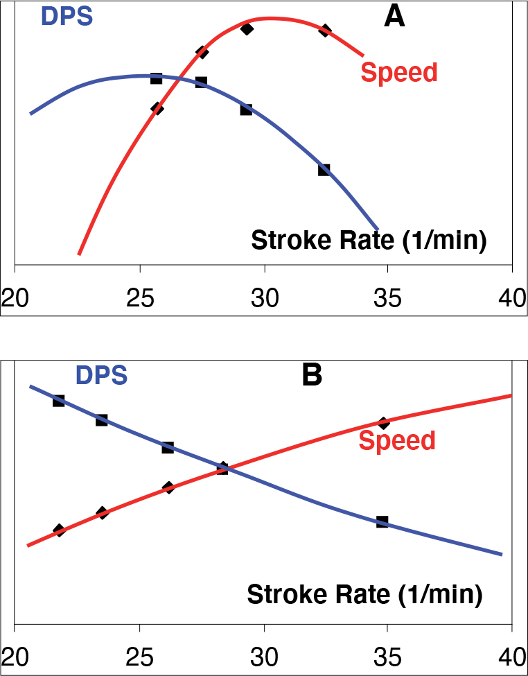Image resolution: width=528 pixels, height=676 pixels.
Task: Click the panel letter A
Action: click(x=394, y=16)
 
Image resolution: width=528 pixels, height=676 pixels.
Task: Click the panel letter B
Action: click(x=312, y=375)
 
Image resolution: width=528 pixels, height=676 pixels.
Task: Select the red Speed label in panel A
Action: click(x=400, y=72)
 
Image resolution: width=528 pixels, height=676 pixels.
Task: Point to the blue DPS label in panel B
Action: click(x=101, y=375)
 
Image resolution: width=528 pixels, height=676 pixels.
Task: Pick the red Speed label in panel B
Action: click(x=398, y=440)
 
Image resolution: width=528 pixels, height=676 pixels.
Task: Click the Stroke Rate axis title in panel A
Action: click(x=368, y=241)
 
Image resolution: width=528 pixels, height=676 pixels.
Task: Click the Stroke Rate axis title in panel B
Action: click(x=364, y=594)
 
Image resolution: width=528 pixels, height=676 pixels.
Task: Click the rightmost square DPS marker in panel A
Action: click(x=324, y=170)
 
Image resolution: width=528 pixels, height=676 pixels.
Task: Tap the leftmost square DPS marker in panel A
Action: click(x=156, y=78)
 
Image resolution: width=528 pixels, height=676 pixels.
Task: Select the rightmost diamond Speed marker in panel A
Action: click(x=325, y=30)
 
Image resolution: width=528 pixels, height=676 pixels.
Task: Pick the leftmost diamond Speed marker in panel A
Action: click(x=157, y=108)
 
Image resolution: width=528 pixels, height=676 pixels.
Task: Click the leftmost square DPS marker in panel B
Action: click(x=59, y=401)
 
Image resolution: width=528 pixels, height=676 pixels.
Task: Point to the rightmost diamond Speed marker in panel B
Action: click(x=383, y=423)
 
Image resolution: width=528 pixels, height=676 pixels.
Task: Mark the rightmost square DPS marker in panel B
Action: click(x=382, y=521)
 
